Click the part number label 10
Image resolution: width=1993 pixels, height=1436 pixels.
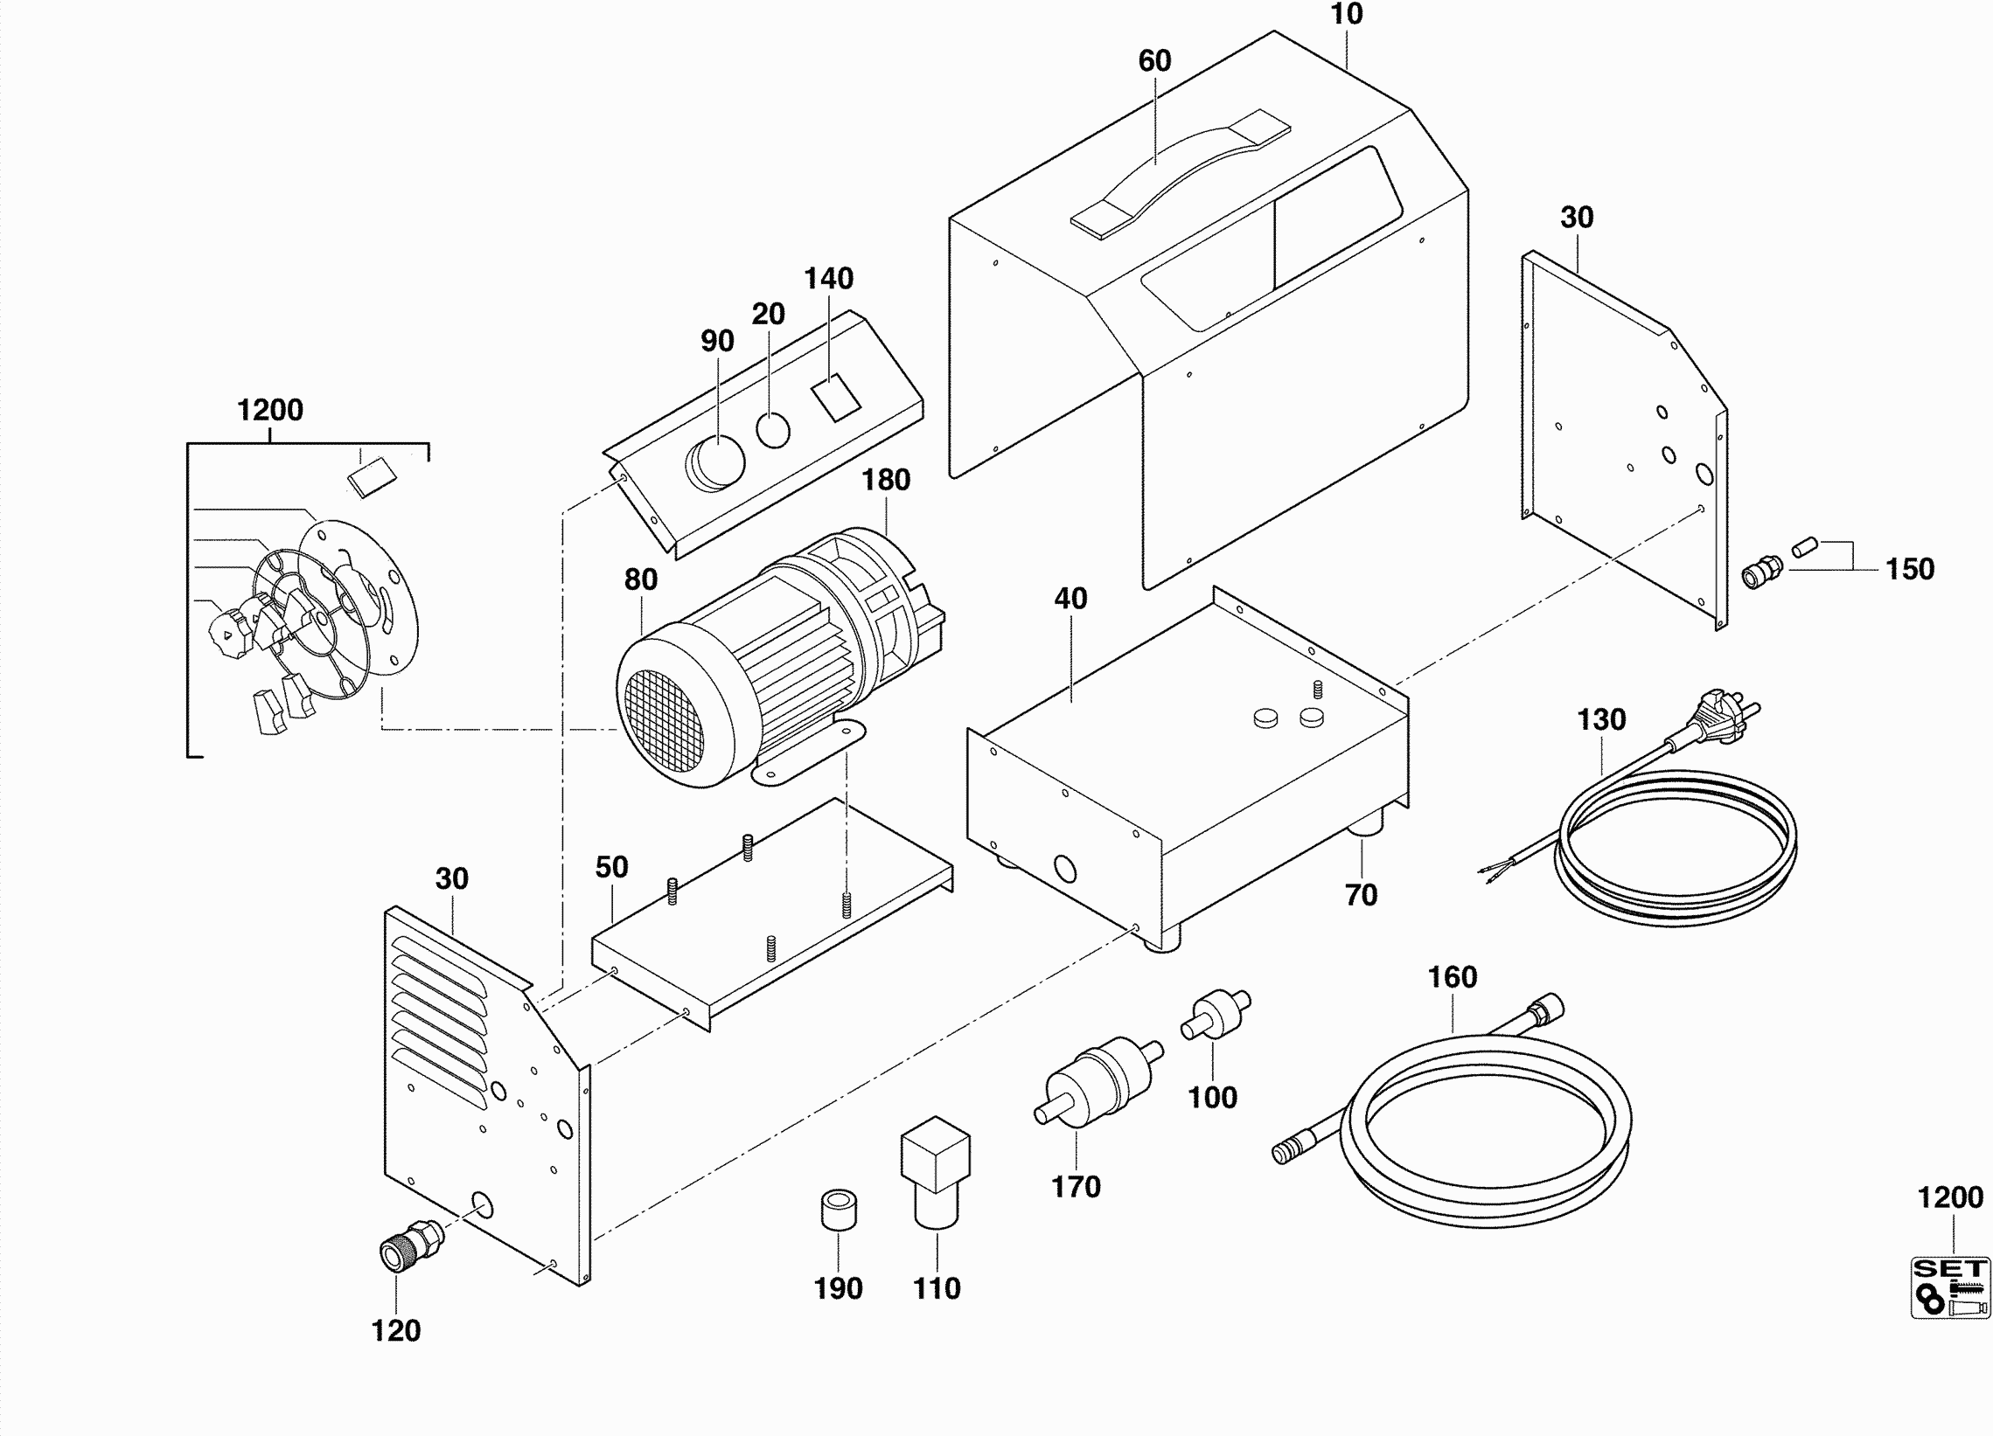(1346, 15)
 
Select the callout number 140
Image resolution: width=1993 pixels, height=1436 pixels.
(829, 279)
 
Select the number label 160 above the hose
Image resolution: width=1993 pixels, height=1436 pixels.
(1452, 976)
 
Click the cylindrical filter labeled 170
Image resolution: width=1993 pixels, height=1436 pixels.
(1098, 1079)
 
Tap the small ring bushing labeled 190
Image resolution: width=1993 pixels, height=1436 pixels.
(838, 1210)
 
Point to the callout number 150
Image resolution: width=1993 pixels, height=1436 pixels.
(1910, 569)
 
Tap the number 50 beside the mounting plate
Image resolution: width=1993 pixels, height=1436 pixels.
(611, 867)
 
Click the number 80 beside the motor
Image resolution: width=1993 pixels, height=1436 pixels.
(641, 579)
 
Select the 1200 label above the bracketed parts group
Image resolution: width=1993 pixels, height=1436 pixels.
(269, 410)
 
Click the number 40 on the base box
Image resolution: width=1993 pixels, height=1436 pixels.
(1070, 598)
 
